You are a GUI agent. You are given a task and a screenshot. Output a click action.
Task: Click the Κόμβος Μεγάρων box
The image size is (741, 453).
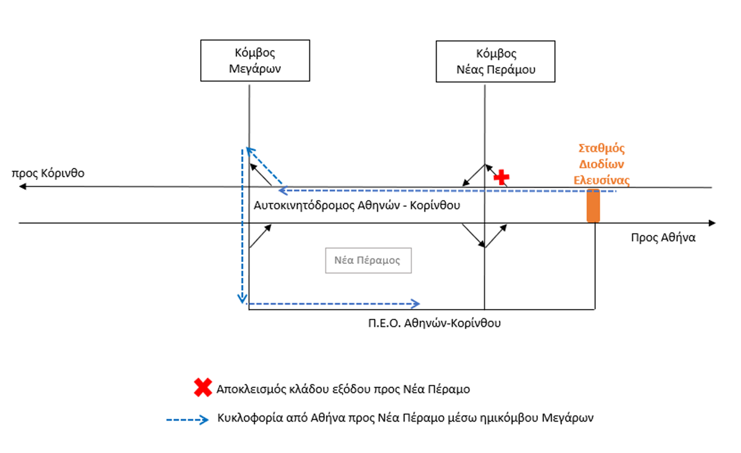[255, 61]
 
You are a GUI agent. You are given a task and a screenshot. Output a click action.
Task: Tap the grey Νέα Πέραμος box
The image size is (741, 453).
[368, 260]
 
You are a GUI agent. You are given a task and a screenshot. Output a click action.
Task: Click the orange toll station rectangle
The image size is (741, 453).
[593, 205]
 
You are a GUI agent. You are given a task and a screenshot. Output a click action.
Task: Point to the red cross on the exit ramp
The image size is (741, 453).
[502, 177]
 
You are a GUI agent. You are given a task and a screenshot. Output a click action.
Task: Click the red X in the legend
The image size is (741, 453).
[202, 388]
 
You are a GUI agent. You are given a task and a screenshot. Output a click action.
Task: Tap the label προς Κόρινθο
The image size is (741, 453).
[48, 172]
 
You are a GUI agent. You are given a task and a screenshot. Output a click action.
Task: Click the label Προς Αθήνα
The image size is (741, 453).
[663, 237]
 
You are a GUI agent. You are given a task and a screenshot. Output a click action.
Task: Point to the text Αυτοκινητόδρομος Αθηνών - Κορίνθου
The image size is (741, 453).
[358, 205]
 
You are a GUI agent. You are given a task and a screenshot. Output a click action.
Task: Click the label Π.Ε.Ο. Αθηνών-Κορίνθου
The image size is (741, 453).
[431, 322]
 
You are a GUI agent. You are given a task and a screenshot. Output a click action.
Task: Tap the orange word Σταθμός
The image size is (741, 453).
[601, 148]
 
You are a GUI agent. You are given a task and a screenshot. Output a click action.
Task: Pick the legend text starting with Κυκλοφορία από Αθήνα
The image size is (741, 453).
[405, 418]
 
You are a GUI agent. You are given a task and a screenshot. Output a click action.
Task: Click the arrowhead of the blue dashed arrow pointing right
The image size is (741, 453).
[416, 303]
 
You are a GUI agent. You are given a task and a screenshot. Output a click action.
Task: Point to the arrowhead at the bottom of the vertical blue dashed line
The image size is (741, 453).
[243, 300]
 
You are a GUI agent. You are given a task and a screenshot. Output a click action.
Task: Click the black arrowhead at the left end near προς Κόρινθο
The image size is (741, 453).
[23, 186]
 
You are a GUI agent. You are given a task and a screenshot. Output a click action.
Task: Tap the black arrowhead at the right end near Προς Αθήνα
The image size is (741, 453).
[712, 222]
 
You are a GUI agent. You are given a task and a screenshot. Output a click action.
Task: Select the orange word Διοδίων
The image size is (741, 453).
[603, 164]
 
